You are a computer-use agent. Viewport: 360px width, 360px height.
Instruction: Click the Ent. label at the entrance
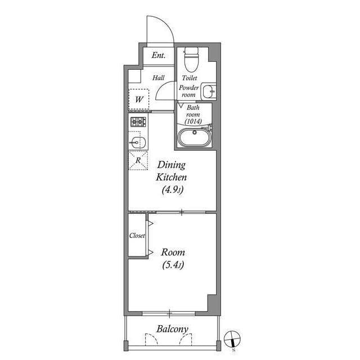coord(158,56)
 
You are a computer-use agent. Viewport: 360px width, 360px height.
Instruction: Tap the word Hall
coord(158,78)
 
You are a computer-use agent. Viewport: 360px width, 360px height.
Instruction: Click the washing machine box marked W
coord(139,100)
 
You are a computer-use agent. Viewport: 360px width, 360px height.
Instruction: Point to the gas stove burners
coord(138,121)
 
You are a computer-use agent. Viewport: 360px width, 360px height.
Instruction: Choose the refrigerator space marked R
coord(138,160)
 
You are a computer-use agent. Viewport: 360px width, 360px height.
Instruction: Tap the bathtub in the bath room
coord(194,137)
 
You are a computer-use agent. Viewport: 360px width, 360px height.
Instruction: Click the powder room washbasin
coord(209,91)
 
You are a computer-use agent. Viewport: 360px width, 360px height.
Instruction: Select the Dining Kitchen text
coord(172,171)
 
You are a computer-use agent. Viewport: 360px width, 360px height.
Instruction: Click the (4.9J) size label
coord(172,190)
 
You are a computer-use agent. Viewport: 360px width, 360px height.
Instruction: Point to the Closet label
coord(137,236)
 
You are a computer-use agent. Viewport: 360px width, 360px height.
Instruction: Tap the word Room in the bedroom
coord(173,253)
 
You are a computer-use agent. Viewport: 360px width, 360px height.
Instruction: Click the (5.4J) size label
coord(173,265)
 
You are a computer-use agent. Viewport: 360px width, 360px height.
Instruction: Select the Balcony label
coord(172,329)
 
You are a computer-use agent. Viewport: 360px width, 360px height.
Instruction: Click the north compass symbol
coord(233,340)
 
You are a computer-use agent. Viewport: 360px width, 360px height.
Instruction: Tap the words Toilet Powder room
coord(189,87)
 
